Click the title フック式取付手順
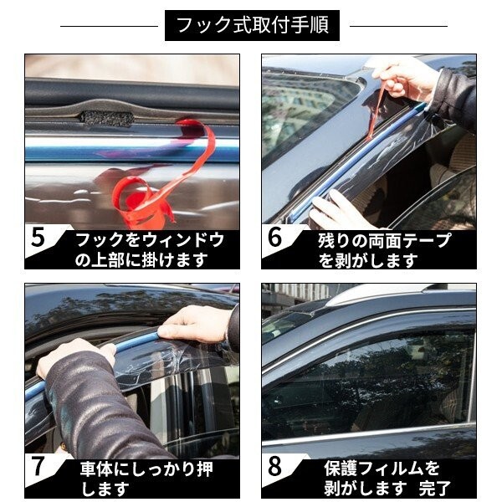pos(253,25)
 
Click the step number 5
pos(38,238)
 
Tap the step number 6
pos(274,238)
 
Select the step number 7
pos(38,466)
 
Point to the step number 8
pos(274,466)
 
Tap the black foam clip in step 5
pos(106,118)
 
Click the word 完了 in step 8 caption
pos(435,488)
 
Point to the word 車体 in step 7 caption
pos(97,469)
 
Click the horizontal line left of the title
pos(109,26)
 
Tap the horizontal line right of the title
pos(398,26)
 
